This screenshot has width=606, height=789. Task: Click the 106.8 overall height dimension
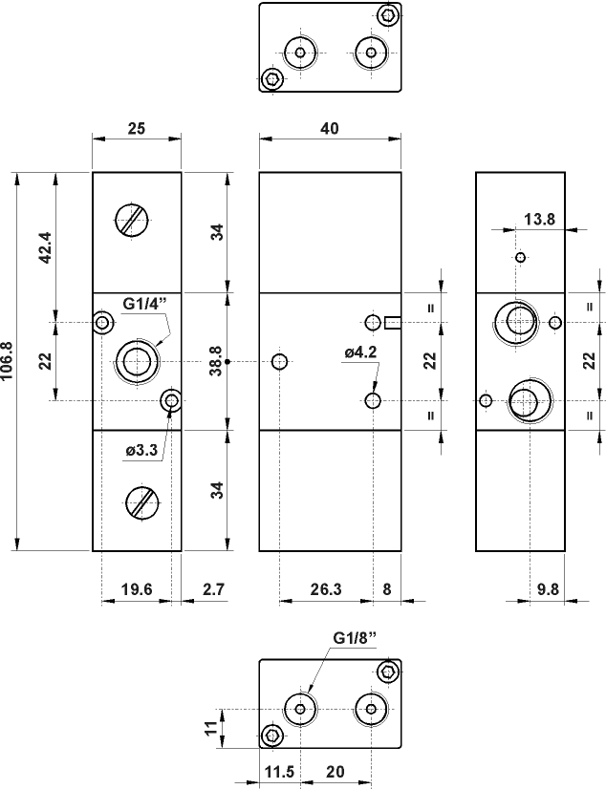pos(8,361)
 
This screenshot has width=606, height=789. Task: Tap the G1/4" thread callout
pos(144,304)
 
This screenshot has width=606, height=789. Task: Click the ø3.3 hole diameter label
pos(141,450)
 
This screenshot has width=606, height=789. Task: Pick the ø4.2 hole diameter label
pos(360,352)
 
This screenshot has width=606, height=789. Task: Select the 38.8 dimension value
pos(217,361)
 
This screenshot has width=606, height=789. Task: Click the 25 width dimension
pos(136,129)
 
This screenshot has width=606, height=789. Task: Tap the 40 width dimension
pos(330,129)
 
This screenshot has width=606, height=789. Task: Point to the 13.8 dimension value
pos(539,220)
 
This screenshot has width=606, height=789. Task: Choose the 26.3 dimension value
pos(326,590)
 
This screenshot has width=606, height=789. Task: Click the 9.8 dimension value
pos(548,590)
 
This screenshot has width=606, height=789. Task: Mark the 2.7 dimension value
pos(212,590)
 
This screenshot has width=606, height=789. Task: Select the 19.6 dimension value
pos(137,590)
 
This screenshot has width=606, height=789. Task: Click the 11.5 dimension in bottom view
pos(276,771)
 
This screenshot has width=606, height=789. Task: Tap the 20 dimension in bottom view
pos(335,771)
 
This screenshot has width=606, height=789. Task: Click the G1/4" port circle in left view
pos(134,361)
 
